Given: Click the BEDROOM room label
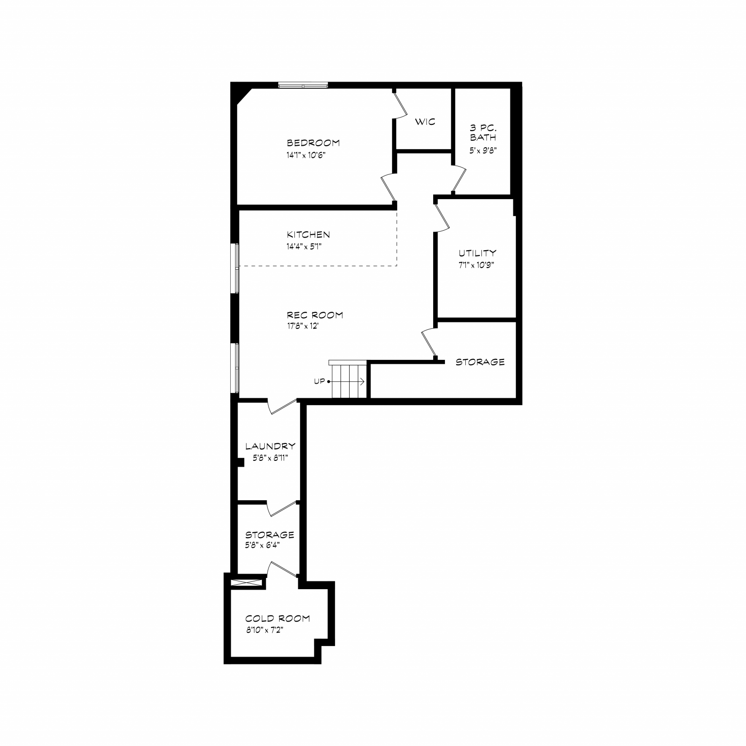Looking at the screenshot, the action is click(x=313, y=143).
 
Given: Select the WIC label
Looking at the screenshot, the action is click(x=425, y=122).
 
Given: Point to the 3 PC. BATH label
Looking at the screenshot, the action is click(x=483, y=133).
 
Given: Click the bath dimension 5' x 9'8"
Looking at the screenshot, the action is click(x=483, y=151).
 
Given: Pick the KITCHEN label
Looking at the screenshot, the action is click(x=308, y=235).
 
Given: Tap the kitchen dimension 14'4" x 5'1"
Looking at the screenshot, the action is click(x=304, y=247).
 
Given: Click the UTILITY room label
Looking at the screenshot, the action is click(x=477, y=253).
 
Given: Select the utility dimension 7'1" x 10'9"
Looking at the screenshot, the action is click(x=476, y=265).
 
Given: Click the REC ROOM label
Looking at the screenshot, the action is click(x=315, y=315).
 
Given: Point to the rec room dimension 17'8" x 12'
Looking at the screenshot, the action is click(x=302, y=326).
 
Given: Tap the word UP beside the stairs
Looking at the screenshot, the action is click(x=319, y=381).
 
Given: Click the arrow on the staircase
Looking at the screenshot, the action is click(x=347, y=382).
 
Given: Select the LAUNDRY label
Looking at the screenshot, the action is click(x=270, y=446).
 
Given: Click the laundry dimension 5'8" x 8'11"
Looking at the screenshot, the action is click(x=270, y=458).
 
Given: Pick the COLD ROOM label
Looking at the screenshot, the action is click(x=277, y=619).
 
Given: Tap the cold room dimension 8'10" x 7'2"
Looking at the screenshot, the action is click(x=264, y=630).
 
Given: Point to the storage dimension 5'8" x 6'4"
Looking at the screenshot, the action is click(x=262, y=545).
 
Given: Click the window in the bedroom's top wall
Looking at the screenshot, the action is click(x=303, y=85).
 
